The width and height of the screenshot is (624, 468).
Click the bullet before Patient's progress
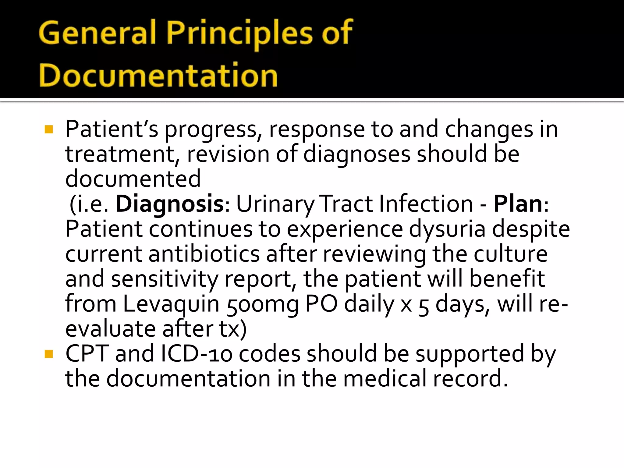[x=49, y=129]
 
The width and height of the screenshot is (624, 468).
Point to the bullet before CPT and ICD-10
[x=49, y=354]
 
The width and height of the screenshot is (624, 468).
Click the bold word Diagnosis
[x=169, y=204]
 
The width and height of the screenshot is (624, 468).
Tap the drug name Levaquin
[x=171, y=304]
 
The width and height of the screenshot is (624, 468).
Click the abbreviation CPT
[x=87, y=354]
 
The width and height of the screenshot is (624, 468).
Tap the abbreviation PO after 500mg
[x=321, y=304]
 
